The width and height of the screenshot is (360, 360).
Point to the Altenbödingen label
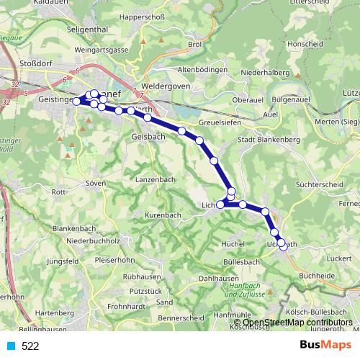202,70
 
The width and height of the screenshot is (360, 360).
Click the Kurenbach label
163,215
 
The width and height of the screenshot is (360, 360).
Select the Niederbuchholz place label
92,240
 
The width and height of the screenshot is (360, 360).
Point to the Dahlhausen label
219,277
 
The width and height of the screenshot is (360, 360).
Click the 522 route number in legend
30,346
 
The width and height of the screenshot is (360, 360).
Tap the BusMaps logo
325,346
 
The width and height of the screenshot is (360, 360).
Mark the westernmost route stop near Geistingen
77,102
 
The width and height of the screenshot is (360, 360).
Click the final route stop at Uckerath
283,246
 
